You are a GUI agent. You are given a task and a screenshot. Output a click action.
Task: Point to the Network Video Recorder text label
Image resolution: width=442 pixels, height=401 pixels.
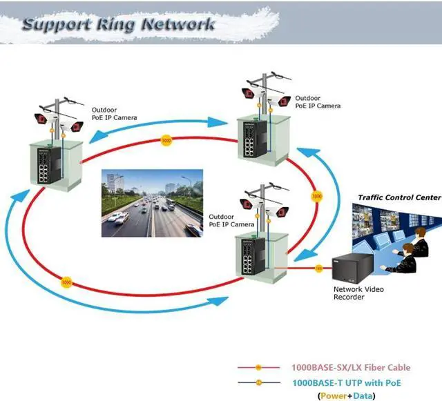(358, 294)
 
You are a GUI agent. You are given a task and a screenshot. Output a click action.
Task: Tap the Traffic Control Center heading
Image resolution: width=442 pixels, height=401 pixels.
(398, 197)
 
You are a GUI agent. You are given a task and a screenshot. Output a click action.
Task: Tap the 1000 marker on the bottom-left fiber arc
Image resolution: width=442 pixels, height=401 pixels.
(67, 282)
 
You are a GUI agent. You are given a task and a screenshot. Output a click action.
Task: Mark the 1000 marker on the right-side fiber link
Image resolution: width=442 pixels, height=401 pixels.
(317, 197)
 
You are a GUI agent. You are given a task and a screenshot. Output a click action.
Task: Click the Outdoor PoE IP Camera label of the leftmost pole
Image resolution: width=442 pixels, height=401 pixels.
(114, 114)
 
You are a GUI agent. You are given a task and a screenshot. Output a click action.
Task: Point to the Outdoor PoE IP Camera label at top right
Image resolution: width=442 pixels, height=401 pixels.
(318, 102)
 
